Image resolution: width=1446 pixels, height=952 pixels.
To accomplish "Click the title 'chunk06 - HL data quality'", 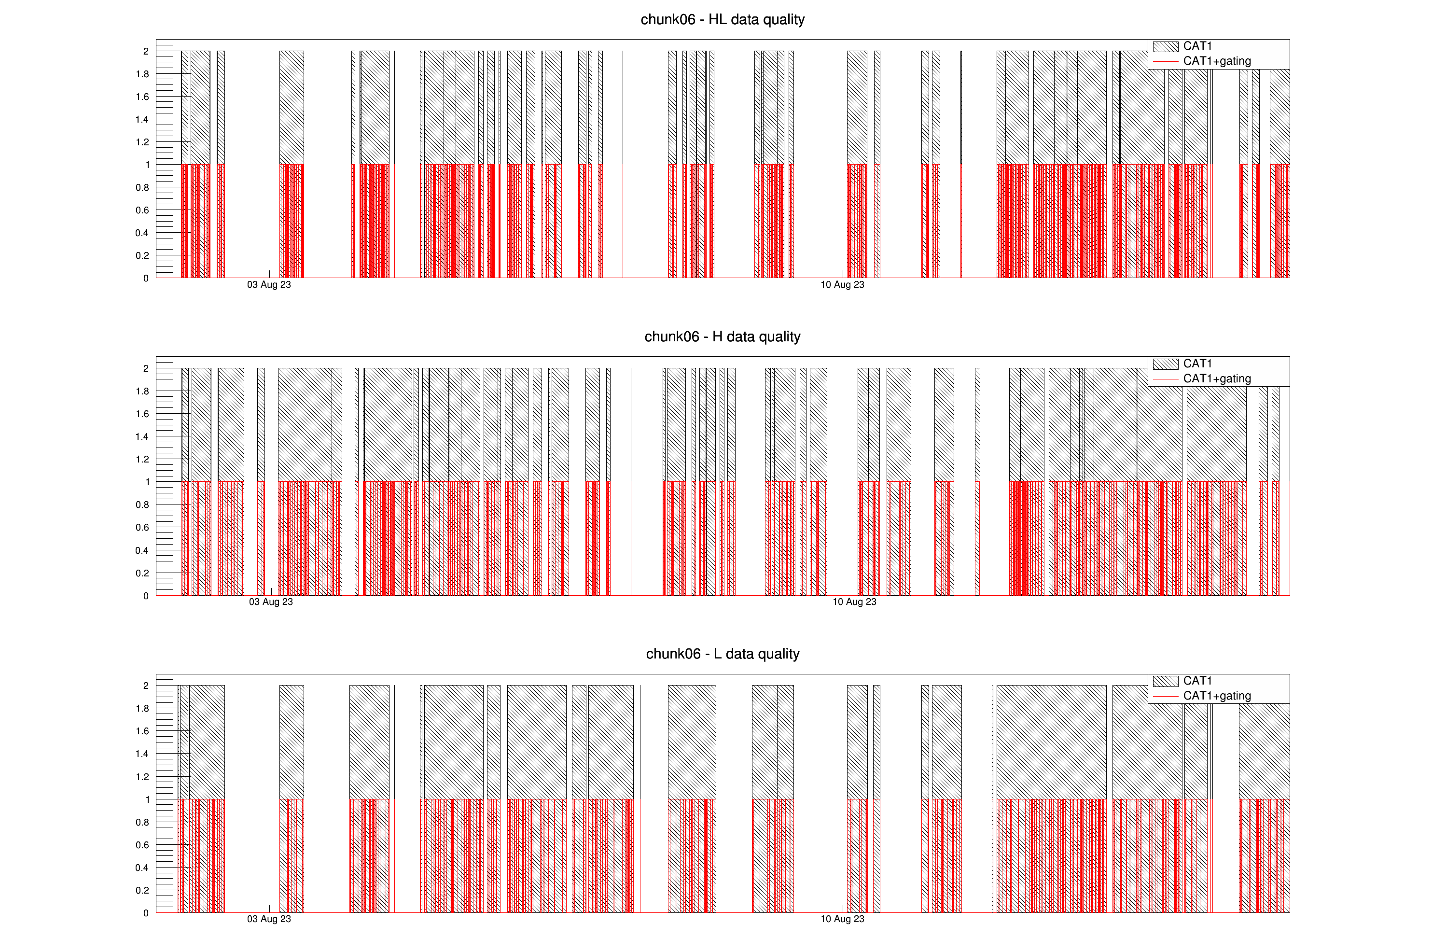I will pos(723,19).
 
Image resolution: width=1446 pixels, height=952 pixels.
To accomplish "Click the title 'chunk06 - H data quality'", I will pos(723,336).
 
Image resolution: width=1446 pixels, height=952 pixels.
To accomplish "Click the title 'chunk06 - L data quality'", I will pos(723,654).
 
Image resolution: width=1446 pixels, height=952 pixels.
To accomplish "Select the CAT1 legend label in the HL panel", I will pos(1197,46).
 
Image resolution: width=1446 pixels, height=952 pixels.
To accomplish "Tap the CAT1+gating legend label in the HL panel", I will pos(1216,61).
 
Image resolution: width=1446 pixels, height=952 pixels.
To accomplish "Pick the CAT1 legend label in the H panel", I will pos(1197,364).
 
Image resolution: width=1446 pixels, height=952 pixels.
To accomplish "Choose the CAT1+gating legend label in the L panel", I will pos(1216,696).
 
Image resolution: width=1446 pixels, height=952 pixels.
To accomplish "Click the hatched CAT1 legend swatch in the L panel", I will pos(1165,681).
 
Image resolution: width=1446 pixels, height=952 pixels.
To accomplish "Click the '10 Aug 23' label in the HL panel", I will pos(842,285).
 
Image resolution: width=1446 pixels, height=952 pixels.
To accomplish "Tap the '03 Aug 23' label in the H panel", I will pos(270,602).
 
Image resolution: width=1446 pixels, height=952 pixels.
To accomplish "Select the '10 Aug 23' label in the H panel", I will pos(854,602).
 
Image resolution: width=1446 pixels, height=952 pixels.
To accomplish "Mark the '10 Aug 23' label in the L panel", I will pos(842,919).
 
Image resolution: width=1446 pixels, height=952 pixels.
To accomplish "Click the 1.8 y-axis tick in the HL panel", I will pos(142,74).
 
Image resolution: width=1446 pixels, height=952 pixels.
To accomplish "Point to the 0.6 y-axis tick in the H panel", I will pos(142,527).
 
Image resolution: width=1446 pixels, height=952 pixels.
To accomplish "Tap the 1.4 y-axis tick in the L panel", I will pos(142,754).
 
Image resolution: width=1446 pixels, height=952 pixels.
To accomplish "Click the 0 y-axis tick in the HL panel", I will pos(146,278).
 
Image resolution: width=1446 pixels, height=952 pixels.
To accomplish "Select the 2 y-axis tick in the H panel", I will pos(146,368).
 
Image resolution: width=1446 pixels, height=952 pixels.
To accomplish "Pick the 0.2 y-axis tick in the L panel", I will pos(142,890).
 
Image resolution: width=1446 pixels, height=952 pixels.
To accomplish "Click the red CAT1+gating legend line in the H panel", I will pos(1165,379).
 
